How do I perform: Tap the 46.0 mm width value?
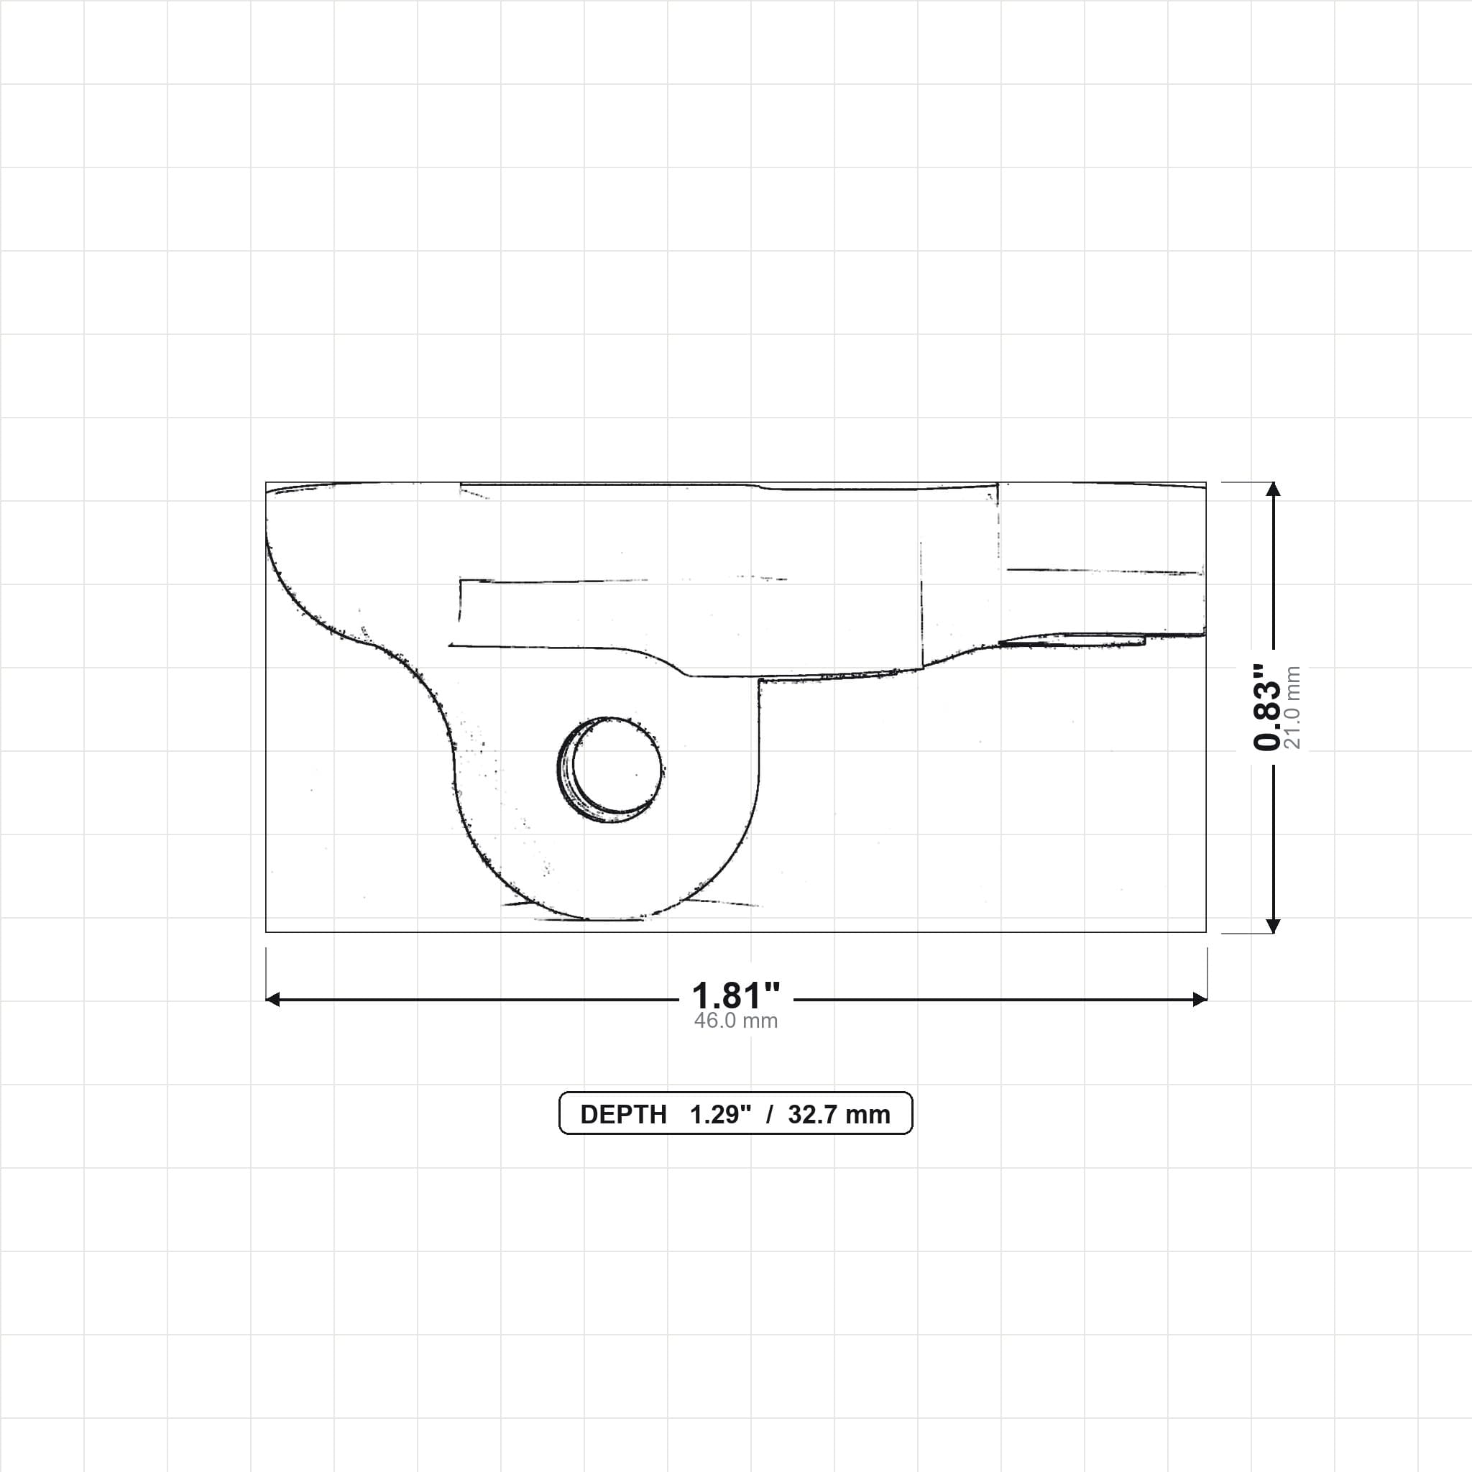735,1021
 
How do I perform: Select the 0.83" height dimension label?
1268,707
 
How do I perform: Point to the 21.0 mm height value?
1292,707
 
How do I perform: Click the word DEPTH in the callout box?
623,1115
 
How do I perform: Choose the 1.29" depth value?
720,1115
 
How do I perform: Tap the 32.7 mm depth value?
839,1115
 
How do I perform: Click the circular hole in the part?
609,770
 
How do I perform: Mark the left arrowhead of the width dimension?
272,1000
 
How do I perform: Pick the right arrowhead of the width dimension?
1200,1000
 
